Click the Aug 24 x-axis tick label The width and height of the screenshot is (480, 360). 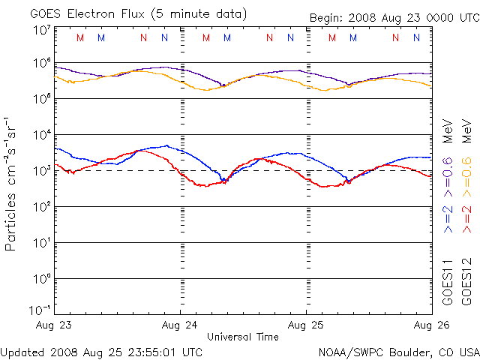point(179,326)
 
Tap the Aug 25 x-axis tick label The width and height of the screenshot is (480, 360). point(306,326)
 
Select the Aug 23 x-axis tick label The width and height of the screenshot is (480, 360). point(54,326)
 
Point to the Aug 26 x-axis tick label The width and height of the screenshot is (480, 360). point(430,326)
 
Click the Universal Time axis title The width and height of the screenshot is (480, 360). point(242,337)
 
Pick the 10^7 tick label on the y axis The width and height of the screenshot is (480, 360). point(41,30)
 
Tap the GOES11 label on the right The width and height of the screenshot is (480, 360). point(448,282)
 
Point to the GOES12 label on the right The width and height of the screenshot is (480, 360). point(466,282)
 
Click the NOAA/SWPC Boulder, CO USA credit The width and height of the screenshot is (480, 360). point(397,351)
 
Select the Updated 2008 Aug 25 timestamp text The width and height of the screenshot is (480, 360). point(101,351)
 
